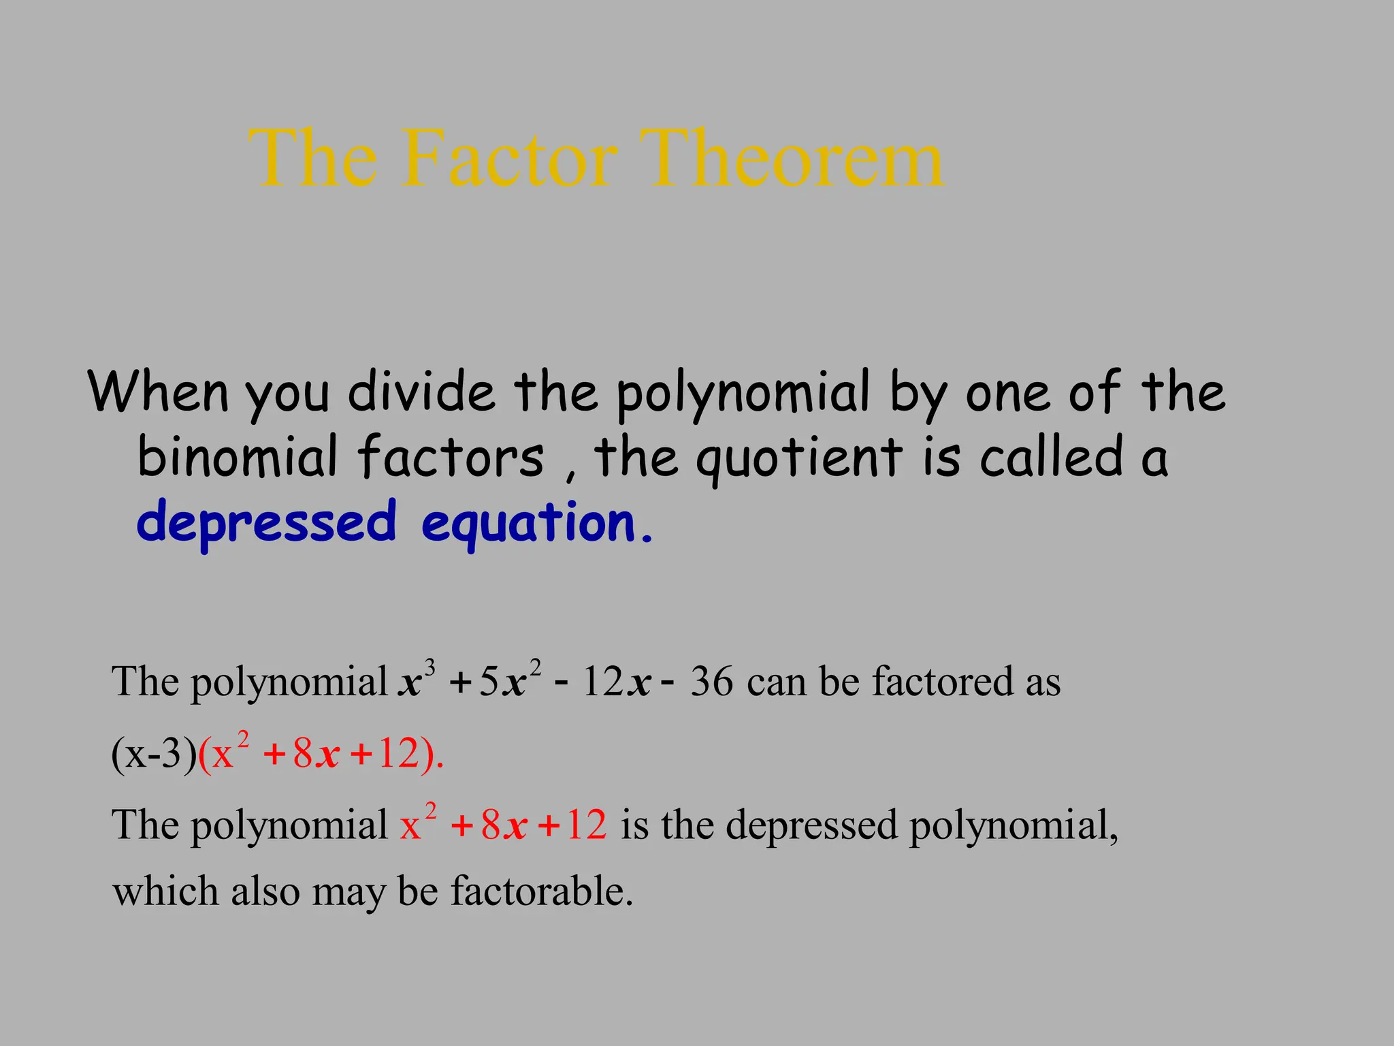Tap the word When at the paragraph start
point(158,392)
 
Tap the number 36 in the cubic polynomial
point(712,682)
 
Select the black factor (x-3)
point(154,755)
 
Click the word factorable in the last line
point(542,891)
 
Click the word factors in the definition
point(451,456)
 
